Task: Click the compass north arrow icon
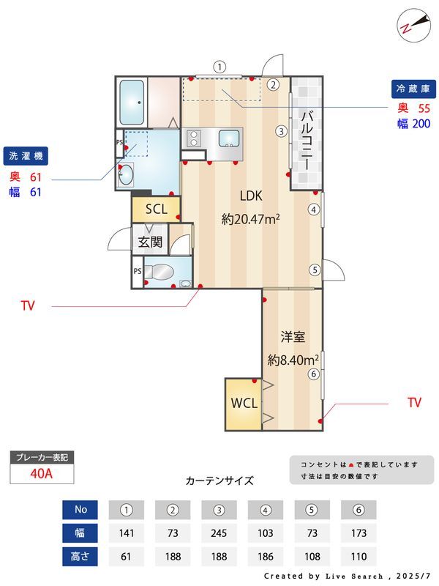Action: pos(413,26)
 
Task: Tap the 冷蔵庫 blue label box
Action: pos(413,89)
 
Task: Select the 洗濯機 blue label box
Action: pos(26,156)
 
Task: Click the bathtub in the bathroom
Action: pos(132,102)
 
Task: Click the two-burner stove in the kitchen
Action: pos(194,138)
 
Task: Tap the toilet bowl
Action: pos(159,272)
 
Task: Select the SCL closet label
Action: pos(157,209)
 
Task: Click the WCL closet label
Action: pos(244,404)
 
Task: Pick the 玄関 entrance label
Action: pos(150,242)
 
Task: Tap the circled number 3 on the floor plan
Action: pos(281,131)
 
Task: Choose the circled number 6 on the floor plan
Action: pos(313,374)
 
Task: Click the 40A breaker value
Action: pos(42,473)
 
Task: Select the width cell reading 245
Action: pos(219,533)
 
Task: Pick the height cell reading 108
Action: pos(312,557)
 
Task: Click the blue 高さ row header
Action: pos(80,557)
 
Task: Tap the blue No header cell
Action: pos(80,510)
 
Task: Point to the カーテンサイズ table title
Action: pos(219,481)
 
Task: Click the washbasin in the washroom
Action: pos(126,174)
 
